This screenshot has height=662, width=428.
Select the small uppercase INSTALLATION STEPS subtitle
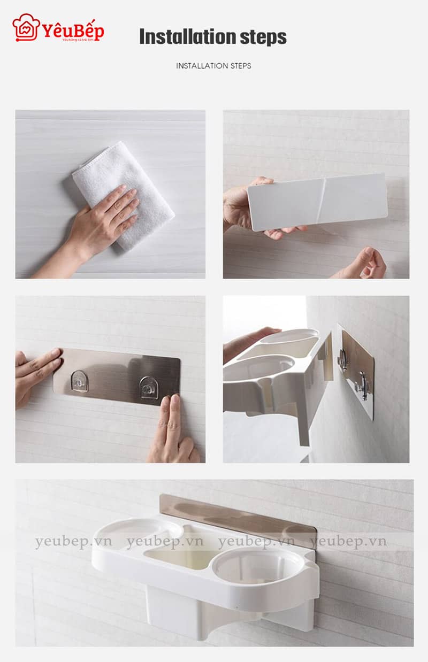(213, 66)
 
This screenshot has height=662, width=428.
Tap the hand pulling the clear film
(369, 262)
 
